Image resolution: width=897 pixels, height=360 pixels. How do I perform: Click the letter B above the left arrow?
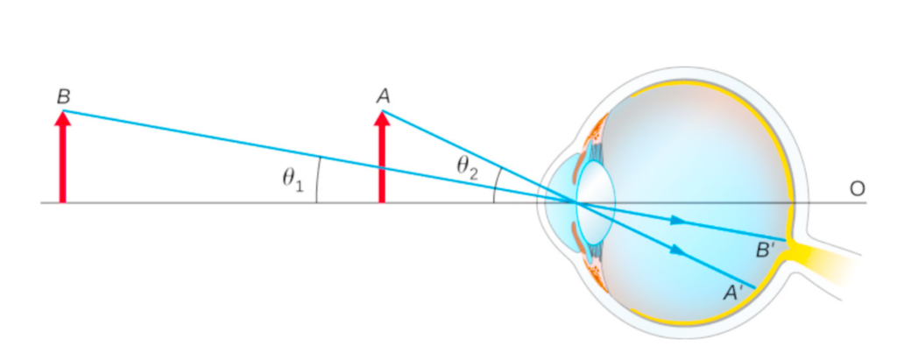63,95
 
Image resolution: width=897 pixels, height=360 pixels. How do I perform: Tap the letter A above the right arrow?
383,95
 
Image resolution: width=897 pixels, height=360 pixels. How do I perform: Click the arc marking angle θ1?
317,180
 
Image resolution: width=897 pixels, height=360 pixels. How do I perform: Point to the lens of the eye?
595,201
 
